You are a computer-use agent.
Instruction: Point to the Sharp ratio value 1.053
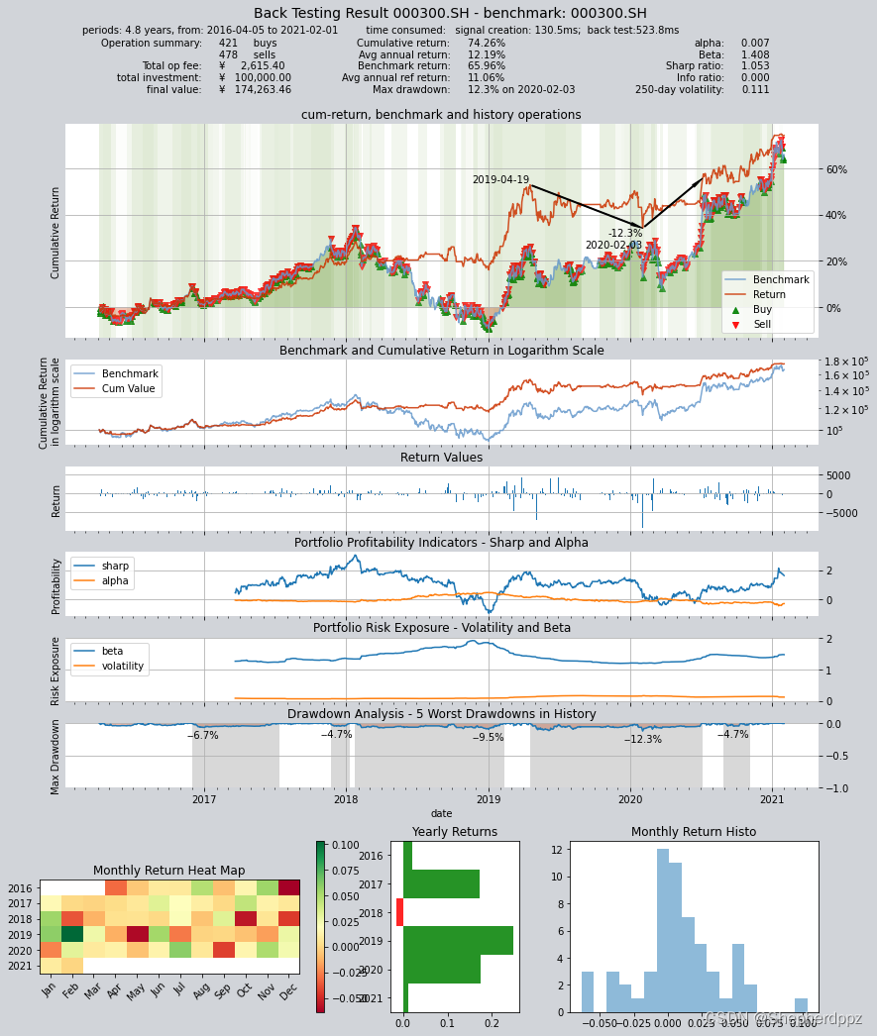click(754, 66)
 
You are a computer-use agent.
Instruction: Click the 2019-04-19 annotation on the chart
click(500, 180)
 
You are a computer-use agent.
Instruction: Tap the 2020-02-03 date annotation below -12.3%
click(613, 246)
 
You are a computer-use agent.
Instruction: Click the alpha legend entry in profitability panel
click(115, 580)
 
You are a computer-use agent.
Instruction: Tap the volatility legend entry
click(122, 667)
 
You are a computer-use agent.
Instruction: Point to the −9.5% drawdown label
click(488, 738)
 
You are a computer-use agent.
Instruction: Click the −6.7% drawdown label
click(202, 736)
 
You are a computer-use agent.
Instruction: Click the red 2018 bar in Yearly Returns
click(399, 912)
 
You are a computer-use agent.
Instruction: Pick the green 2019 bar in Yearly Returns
click(458, 940)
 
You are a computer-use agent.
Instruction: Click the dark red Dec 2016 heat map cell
click(288, 887)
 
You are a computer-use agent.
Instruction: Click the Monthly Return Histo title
click(693, 832)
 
